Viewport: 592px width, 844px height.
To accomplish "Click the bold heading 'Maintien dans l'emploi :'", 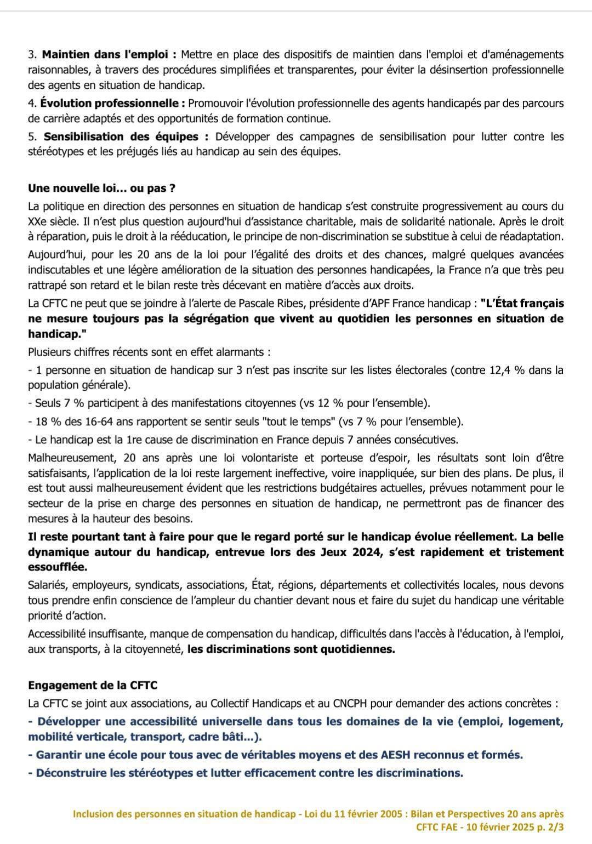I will coord(109,55).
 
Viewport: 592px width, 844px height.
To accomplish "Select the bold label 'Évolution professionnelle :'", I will coord(113,104).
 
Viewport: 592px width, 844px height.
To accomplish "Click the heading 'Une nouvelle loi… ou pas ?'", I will coord(101,189).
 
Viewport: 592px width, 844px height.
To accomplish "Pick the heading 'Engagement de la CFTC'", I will coord(92,686).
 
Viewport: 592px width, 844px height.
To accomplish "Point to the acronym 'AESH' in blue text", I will coord(395,755).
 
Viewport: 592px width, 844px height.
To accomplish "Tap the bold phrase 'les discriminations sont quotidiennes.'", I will coord(291,649).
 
